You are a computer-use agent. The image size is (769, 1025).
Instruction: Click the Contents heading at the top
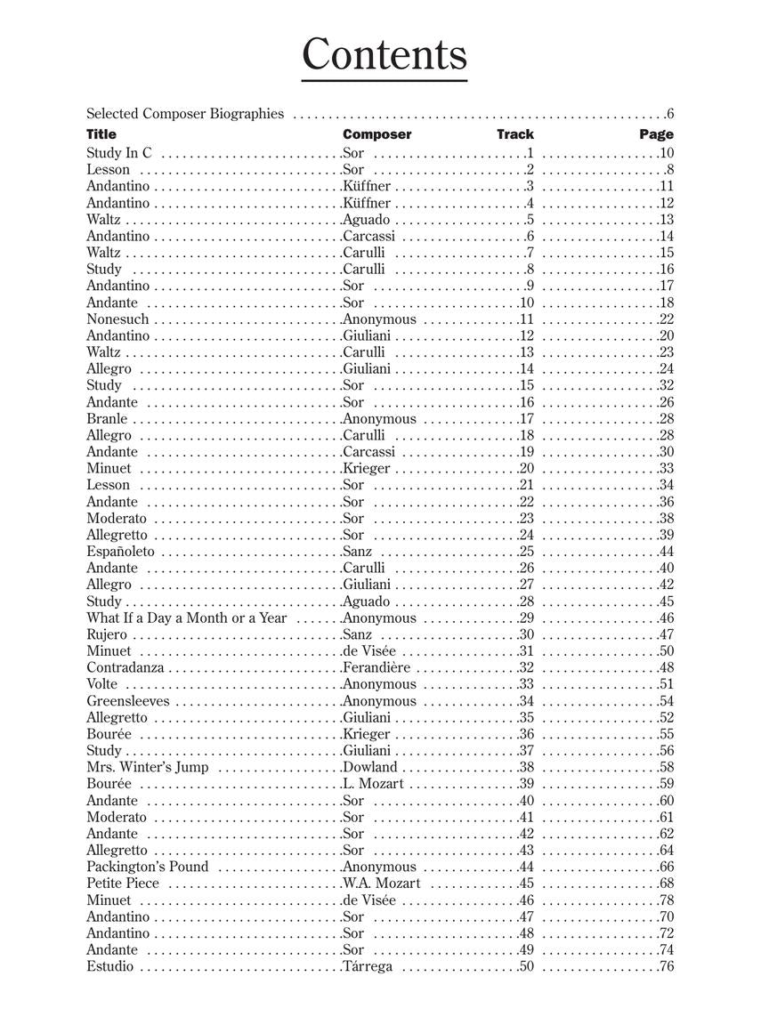[384, 55]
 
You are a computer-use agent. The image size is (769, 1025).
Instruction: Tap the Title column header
[101, 134]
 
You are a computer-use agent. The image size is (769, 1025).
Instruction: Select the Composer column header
[376, 134]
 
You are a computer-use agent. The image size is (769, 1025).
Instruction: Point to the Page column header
[656, 134]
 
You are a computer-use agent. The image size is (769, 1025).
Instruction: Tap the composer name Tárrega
[368, 967]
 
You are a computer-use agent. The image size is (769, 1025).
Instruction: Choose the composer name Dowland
[370, 767]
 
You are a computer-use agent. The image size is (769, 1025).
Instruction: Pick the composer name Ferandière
[377, 667]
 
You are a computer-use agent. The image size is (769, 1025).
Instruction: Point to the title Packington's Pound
[148, 867]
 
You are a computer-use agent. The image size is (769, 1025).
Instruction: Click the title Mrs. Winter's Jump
[148, 767]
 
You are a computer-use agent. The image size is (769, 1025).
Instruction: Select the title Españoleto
[120, 552]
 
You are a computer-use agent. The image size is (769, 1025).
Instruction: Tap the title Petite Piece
[123, 884]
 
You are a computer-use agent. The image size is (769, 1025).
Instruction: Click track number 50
[525, 967]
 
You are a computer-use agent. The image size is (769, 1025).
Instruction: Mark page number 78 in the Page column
[667, 900]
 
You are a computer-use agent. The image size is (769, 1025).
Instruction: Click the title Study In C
[119, 153]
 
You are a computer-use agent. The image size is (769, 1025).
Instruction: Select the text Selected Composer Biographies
[185, 114]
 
